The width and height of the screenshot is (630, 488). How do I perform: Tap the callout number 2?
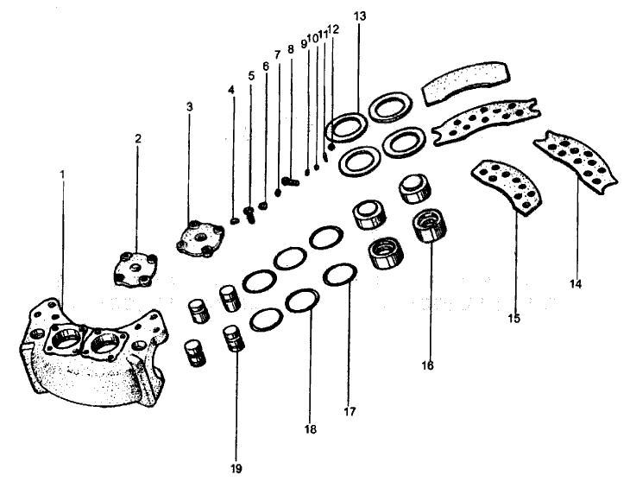click(x=137, y=138)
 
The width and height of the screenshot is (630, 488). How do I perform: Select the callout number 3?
click(x=190, y=106)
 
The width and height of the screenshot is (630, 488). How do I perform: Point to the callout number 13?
click(x=359, y=16)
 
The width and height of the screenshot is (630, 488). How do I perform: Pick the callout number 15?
click(x=514, y=319)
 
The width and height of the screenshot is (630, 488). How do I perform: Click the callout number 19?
click(x=236, y=469)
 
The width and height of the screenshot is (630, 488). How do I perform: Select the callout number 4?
click(x=231, y=90)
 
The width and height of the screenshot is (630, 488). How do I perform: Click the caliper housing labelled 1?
click(x=86, y=354)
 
